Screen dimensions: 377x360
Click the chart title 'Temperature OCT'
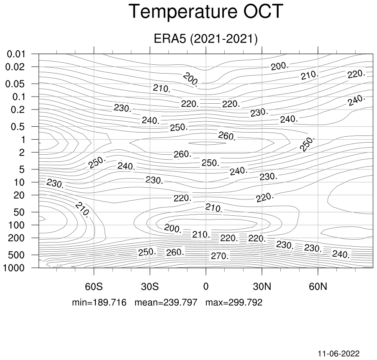point(206,11)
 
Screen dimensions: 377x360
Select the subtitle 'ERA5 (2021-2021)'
point(205,38)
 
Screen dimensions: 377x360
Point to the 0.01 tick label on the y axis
point(16,54)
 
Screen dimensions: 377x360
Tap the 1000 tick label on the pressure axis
point(14,268)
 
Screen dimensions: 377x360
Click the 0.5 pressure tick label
point(18,127)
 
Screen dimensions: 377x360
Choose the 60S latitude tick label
point(94,286)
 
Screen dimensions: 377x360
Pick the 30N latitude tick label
point(262,286)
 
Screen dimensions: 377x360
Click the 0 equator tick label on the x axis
point(206,286)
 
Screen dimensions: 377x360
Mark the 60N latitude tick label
point(318,286)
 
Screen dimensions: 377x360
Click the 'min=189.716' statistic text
point(99,302)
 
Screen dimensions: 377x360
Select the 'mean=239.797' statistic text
point(166,302)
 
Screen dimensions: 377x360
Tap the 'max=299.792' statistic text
point(234,302)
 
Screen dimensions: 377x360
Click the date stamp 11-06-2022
point(339,353)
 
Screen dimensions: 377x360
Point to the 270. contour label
point(220,256)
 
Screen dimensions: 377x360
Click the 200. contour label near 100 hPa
point(173,228)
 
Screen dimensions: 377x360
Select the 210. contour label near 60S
point(83,209)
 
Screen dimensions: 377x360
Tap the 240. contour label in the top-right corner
point(356,100)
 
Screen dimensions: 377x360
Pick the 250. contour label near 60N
point(307,144)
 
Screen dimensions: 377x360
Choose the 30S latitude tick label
point(150,286)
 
